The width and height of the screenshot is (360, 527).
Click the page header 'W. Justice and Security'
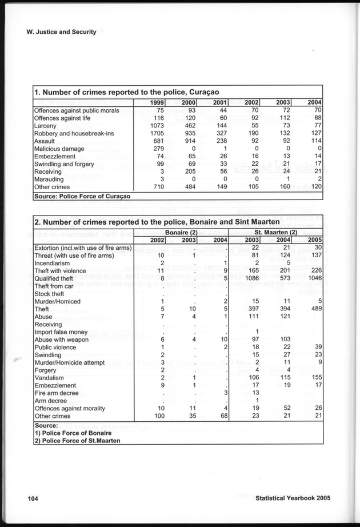click(x=61, y=32)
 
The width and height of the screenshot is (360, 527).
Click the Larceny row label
click(x=45, y=125)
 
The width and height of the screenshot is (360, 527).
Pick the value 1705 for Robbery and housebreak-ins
click(x=156, y=133)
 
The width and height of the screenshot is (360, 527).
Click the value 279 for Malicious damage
click(x=158, y=149)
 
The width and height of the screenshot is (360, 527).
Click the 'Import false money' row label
click(x=61, y=332)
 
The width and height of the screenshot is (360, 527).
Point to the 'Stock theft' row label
click(x=50, y=294)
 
